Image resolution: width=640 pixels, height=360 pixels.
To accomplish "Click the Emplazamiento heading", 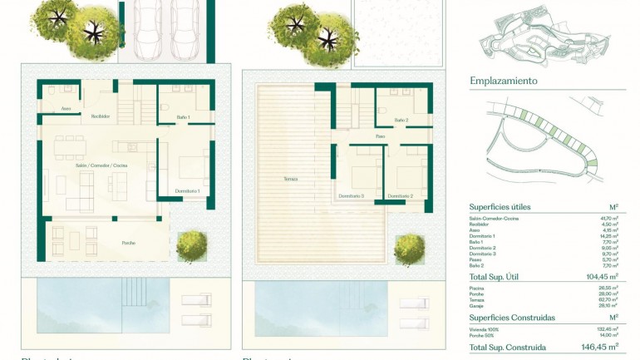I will (504, 81).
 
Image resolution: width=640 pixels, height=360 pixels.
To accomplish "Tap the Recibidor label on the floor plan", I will (101, 116).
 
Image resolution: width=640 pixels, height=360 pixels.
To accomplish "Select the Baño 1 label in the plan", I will (183, 117).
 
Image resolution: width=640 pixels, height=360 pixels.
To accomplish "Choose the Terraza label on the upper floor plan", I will (290, 179).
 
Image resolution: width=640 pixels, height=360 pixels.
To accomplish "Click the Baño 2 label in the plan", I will (401, 121).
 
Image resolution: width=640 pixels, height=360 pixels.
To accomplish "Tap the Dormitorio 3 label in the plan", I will (352, 196).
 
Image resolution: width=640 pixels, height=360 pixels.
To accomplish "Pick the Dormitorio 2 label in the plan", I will (401, 196).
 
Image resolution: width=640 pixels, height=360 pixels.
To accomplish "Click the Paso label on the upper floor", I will (380, 136).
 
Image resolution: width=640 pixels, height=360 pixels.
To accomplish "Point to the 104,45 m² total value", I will (601, 276).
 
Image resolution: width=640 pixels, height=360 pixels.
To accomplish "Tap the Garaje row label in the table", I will (478, 305).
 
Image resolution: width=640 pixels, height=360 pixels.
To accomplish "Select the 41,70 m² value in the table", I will (609, 218).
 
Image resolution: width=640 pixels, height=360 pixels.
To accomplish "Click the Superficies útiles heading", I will (500, 207).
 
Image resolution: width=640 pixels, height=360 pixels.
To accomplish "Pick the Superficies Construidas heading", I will (512, 318).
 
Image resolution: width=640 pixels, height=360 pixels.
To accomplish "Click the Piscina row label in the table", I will (478, 288).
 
